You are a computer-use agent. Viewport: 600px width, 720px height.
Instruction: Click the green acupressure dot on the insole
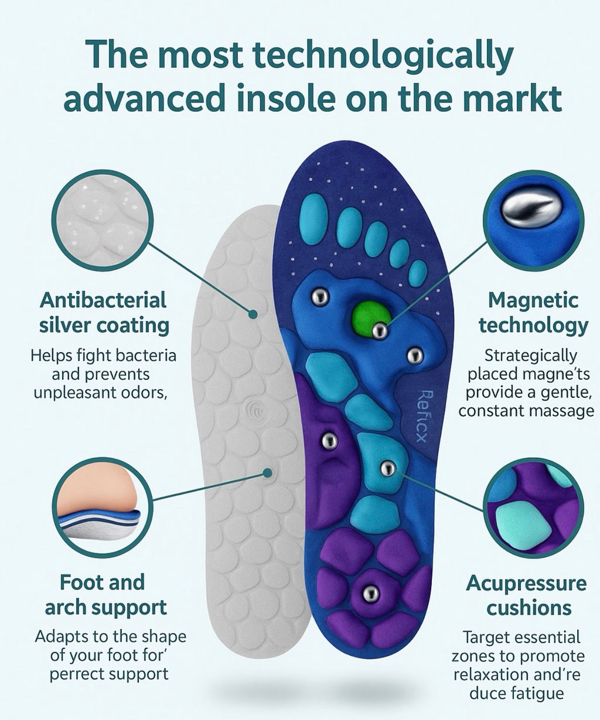coord(370,316)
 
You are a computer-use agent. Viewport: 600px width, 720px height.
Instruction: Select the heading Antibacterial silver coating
coord(104,313)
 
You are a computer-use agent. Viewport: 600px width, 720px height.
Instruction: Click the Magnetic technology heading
coord(533,313)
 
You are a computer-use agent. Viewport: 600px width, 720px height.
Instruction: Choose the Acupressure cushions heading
coord(526,595)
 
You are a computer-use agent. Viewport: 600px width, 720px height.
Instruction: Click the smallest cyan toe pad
coord(418,273)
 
